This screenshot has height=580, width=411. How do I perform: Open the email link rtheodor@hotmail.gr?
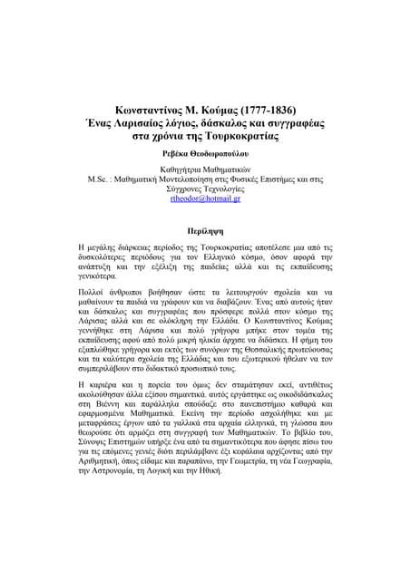pyautogui.click(x=205, y=198)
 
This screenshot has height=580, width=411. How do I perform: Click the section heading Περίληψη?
pyautogui.click(x=204, y=231)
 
